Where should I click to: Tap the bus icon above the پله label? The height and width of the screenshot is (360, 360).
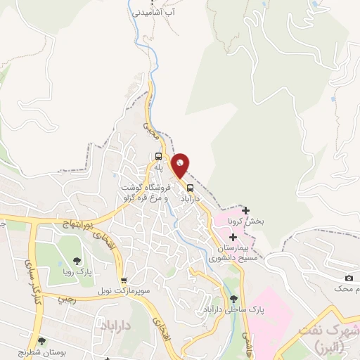tap(159, 157)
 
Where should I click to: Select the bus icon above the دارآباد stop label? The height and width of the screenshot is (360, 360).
tap(191, 188)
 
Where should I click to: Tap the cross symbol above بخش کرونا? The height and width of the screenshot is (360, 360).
tap(245, 210)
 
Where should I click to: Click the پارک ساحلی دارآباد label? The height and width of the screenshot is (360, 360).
tap(224, 309)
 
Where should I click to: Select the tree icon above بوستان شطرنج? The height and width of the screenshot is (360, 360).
tap(42, 341)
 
